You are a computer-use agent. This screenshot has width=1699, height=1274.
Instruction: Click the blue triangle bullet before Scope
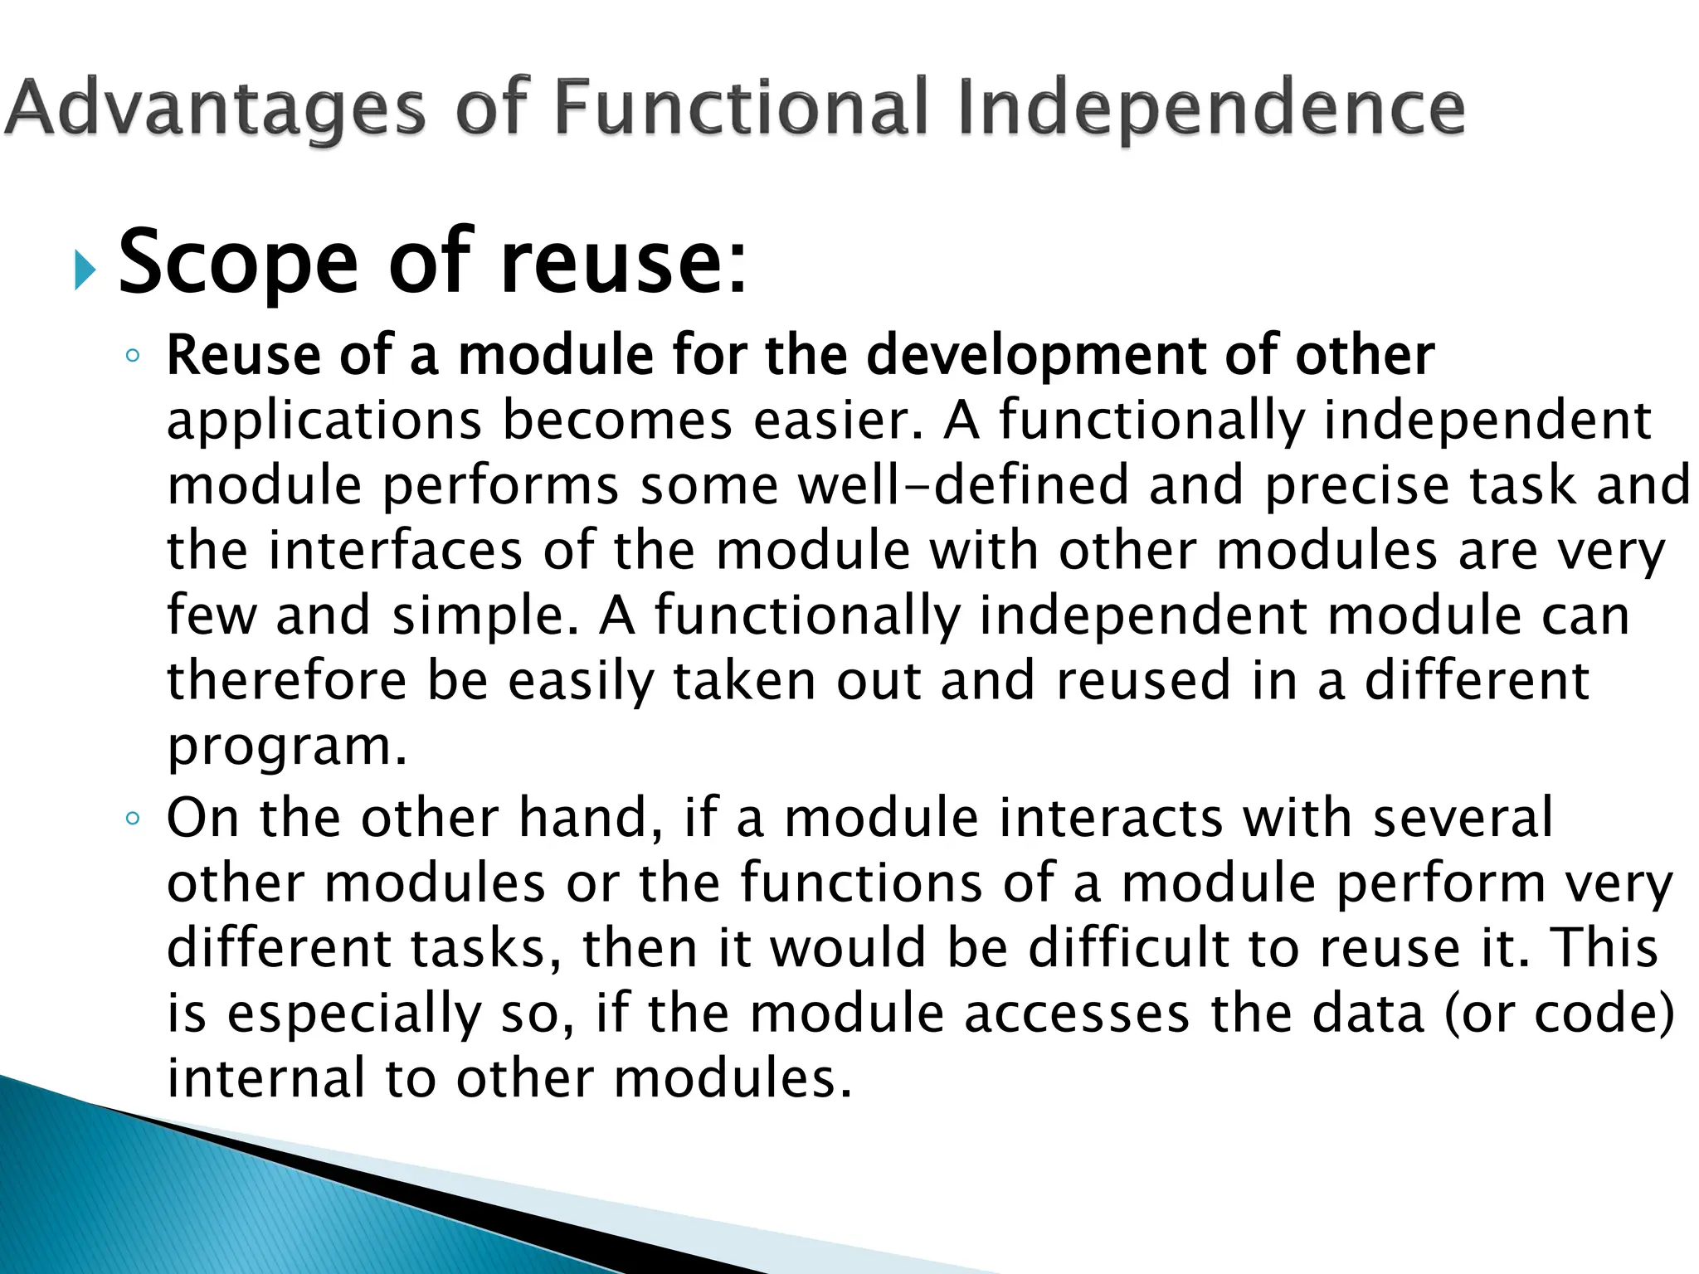(85, 270)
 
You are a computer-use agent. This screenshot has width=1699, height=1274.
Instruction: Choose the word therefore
(286, 680)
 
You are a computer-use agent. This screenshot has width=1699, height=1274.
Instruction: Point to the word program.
(286, 746)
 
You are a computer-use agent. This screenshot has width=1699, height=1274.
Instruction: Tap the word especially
(353, 1014)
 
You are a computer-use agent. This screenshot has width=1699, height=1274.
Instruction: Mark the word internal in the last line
(265, 1078)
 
